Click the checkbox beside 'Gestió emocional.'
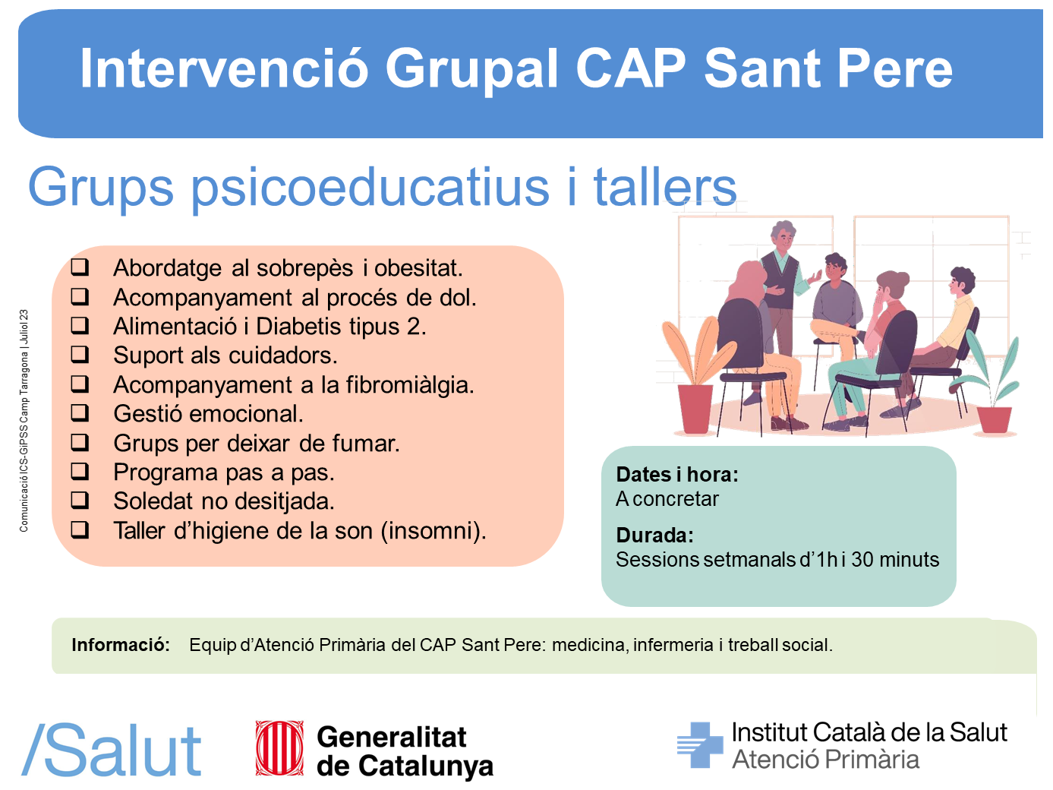click(80, 412)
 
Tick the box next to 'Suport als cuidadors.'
click(80, 354)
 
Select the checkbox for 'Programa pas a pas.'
click(80, 471)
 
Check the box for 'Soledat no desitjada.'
click(80, 500)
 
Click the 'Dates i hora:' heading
click(676, 475)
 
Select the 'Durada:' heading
click(654, 535)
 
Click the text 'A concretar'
click(667, 499)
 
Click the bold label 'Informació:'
click(121, 645)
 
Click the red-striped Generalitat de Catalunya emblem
click(279, 748)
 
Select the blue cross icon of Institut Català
click(699, 745)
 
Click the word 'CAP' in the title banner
click(631, 68)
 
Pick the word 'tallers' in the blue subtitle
click(664, 187)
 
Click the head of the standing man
click(783, 235)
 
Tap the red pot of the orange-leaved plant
click(695, 409)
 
